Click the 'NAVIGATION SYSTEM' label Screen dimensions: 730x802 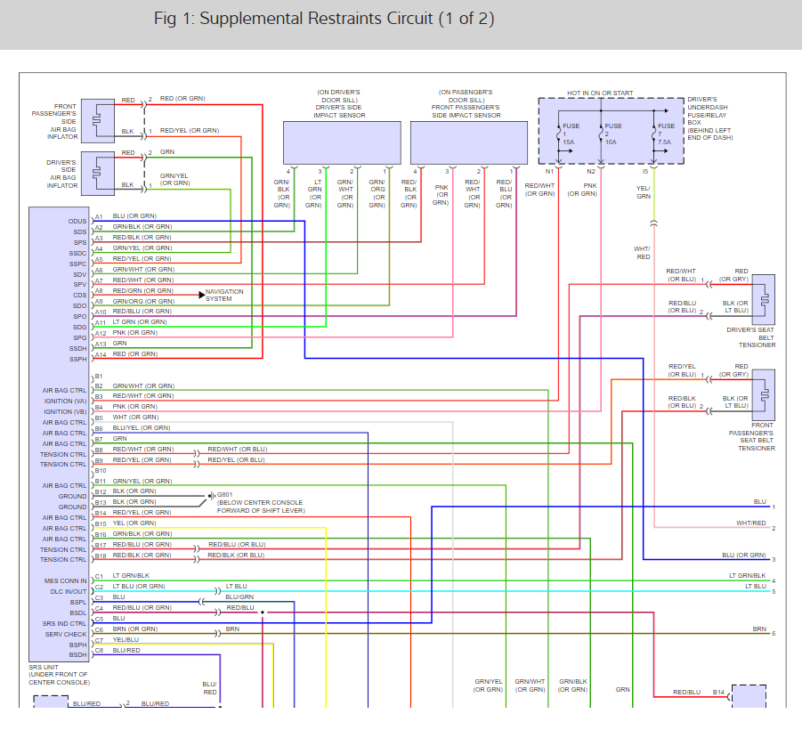pos(224,296)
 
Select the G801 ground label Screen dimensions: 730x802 pos(226,495)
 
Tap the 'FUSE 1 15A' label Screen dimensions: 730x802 pos(569,134)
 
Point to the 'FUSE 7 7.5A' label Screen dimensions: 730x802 pos(664,134)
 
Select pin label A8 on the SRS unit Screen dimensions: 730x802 pos(99,290)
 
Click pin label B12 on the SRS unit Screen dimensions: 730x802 pos(100,491)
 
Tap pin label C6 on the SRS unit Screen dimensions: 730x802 pos(99,629)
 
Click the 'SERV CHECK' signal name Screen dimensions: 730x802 pos(67,633)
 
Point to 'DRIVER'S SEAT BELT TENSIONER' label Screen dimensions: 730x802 pos(751,337)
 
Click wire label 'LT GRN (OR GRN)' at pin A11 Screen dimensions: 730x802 pos(140,321)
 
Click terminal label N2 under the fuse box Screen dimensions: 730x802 pos(591,170)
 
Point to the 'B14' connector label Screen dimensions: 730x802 pos(718,691)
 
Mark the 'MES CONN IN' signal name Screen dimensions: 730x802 pos(66,580)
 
